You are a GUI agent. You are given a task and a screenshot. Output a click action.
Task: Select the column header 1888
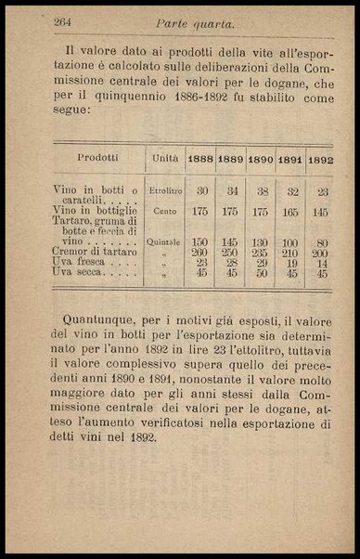[200, 159]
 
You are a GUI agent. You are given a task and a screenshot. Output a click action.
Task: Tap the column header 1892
[320, 159]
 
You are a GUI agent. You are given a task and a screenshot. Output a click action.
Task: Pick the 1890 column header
[261, 159]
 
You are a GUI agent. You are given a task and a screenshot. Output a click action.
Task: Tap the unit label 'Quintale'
[165, 242]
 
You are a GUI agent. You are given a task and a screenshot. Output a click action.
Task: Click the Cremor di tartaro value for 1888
[199, 253]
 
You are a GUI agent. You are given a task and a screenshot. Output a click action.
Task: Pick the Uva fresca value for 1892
[321, 263]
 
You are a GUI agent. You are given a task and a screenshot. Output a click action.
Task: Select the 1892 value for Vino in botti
[321, 190]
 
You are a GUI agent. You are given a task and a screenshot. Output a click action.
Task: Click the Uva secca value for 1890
[261, 273]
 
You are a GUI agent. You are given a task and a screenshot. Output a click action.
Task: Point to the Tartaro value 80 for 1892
[321, 242]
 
